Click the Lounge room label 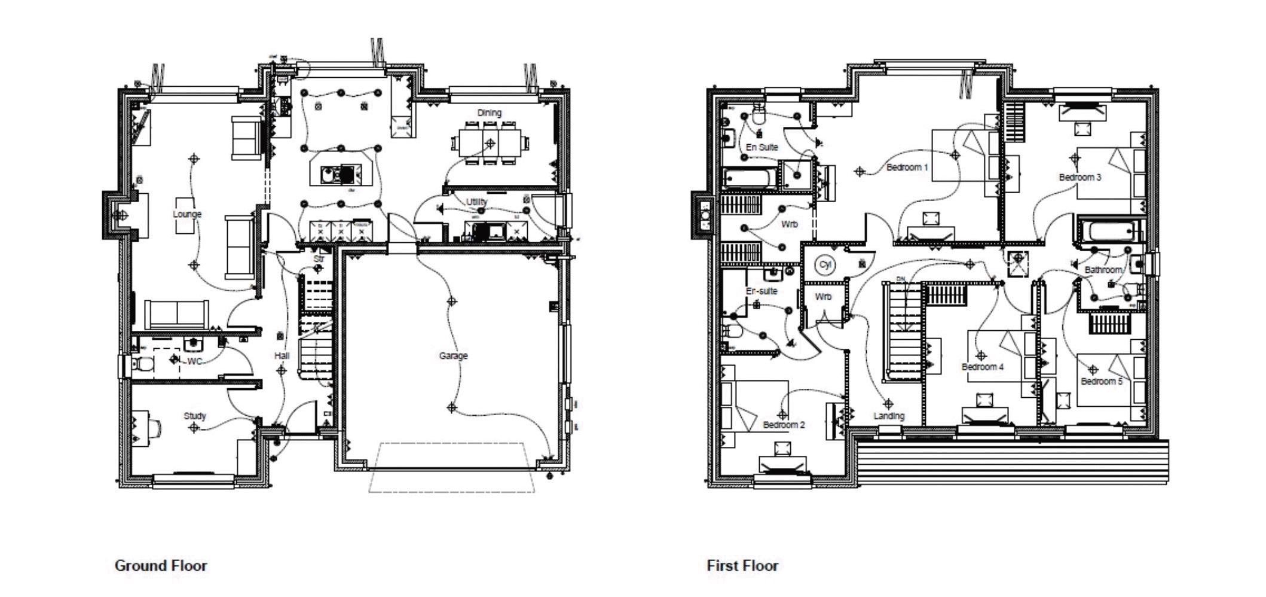tap(187, 214)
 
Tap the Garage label tap(453, 356)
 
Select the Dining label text tap(489, 112)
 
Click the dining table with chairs tap(491, 144)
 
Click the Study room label tap(195, 416)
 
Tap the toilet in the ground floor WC tap(143, 364)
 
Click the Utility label tap(476, 202)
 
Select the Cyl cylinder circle tap(825, 265)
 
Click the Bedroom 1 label tap(907, 167)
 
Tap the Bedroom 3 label tap(1080, 177)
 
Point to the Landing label tap(889, 416)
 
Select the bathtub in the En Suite tap(749, 178)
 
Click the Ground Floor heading tap(160, 565)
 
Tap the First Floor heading tap(742, 565)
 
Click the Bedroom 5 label tap(1102, 382)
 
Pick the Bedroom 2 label tap(784, 425)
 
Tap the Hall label tap(282, 356)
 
